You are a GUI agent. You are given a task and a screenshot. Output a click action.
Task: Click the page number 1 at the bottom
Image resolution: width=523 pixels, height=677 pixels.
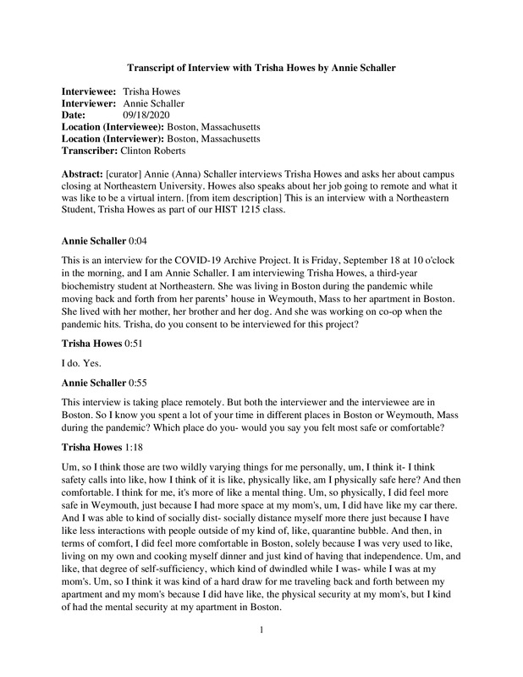point(262,653)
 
